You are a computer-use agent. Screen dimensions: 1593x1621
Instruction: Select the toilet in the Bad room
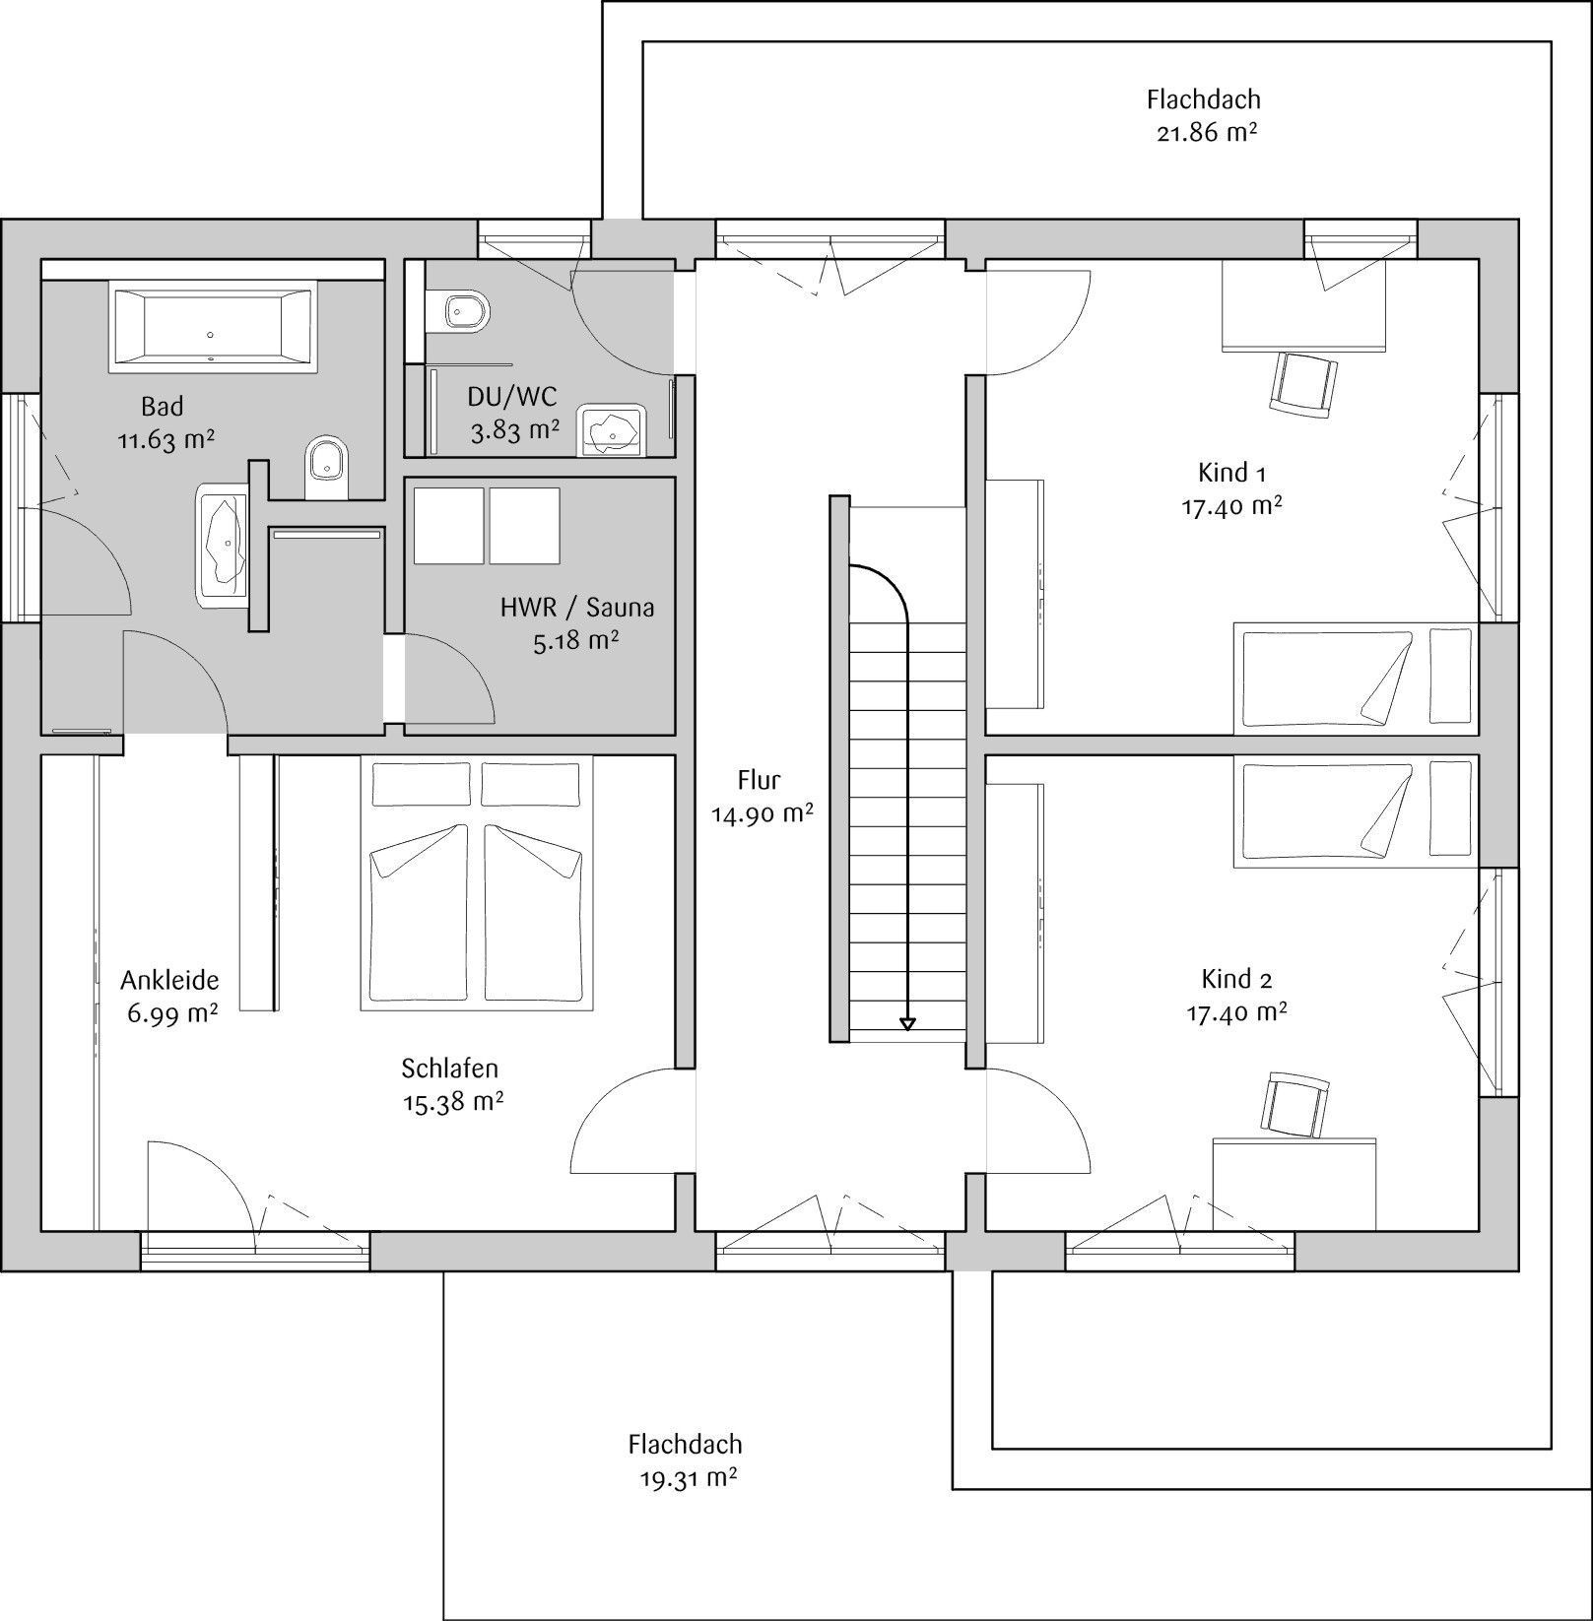tap(327, 468)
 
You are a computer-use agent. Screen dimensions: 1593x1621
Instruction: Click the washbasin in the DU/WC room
tap(611, 429)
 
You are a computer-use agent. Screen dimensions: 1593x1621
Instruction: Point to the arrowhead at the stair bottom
tap(907, 1024)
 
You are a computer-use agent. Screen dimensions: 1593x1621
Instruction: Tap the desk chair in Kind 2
tap(1295, 1105)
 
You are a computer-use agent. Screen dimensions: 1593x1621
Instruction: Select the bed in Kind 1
tap(1356, 679)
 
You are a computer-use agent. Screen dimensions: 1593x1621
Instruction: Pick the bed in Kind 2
tap(1356, 811)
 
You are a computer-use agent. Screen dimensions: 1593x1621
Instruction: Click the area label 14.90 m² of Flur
tap(763, 814)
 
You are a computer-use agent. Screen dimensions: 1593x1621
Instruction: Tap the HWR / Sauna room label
tap(577, 607)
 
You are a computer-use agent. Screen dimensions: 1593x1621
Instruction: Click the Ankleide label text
tap(169, 980)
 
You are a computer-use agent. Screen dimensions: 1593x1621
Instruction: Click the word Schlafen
tap(449, 1068)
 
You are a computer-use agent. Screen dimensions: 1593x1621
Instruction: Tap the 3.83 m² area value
tap(514, 430)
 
